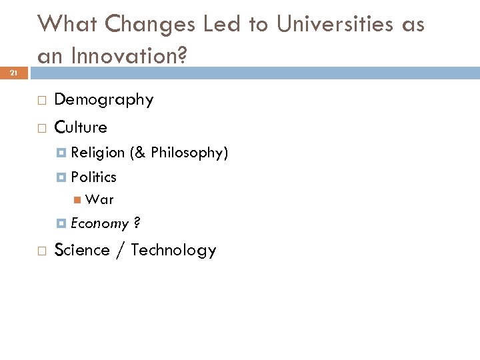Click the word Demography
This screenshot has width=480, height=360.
[103, 100]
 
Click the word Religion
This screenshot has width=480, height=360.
[97, 153]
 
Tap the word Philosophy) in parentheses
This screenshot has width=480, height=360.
[190, 153]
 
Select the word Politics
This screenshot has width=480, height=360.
[93, 177]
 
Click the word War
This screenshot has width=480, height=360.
[100, 199]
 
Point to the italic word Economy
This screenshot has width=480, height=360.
[99, 223]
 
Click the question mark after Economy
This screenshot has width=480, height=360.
[136, 223]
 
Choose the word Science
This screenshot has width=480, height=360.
[81, 250]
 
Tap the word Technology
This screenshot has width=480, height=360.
[173, 250]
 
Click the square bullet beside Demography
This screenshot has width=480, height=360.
[41, 101]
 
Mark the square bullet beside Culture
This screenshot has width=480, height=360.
[41, 127]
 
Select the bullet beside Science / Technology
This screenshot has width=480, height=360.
[41, 251]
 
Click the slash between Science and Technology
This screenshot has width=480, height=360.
[120, 250]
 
